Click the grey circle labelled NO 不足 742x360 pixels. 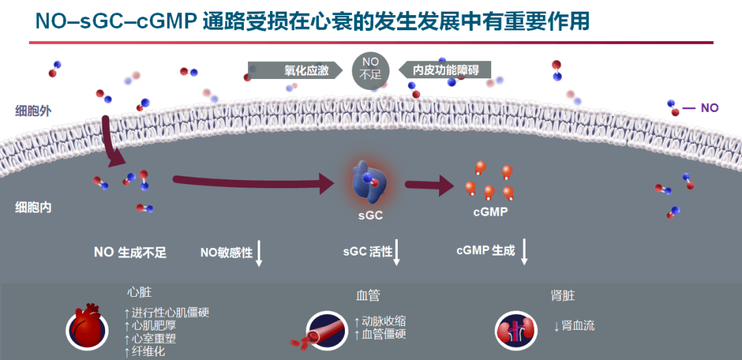[371, 71]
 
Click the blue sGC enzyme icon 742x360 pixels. [369, 182]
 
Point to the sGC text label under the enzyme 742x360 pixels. [370, 215]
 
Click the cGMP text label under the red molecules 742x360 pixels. [491, 212]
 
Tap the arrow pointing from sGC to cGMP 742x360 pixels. [429, 185]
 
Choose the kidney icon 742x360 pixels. [515, 329]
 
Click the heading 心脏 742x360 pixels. [139, 293]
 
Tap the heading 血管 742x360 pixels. [368, 295]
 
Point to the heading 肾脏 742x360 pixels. [563, 295]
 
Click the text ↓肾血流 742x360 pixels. [574, 326]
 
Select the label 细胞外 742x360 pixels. [34, 110]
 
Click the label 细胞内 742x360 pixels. [34, 207]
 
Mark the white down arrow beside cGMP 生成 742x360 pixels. [524, 251]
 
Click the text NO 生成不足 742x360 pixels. [131, 252]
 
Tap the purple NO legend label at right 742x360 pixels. [709, 108]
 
